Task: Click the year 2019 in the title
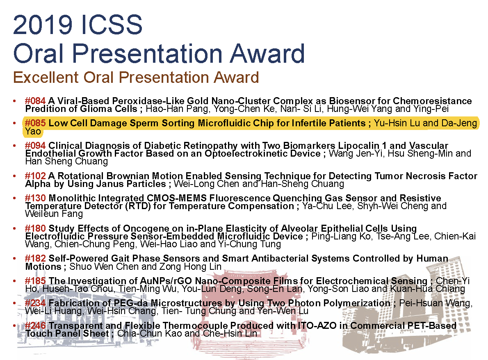[43, 25]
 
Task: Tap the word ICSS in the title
[111, 25]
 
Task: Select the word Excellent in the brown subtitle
[46, 77]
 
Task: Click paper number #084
[35, 101]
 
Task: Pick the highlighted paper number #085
[35, 123]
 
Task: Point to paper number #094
[35, 145]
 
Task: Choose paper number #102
[35, 176]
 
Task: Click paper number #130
[35, 198]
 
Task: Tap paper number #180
[35, 228]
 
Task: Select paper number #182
[35, 258]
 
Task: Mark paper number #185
[35, 280]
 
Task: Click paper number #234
[35, 303]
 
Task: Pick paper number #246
[35, 326]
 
